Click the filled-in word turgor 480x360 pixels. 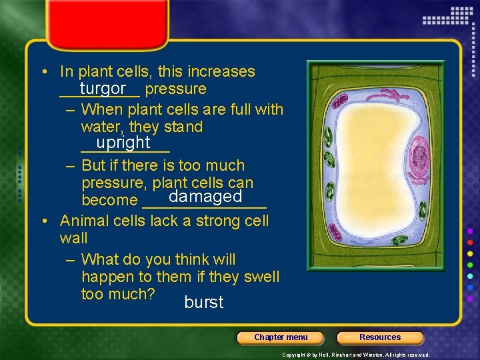(103, 89)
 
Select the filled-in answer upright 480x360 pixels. (123, 143)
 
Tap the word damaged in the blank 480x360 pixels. (205, 197)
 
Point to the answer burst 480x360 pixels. (204, 303)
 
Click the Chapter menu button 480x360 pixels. (281, 337)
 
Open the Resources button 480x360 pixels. (380, 337)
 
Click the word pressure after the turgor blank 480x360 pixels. (175, 89)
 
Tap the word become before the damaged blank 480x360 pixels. (109, 200)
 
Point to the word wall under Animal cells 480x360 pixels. (73, 238)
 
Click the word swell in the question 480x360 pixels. (261, 277)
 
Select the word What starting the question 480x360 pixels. (100, 259)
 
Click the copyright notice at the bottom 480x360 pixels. (355, 355)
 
